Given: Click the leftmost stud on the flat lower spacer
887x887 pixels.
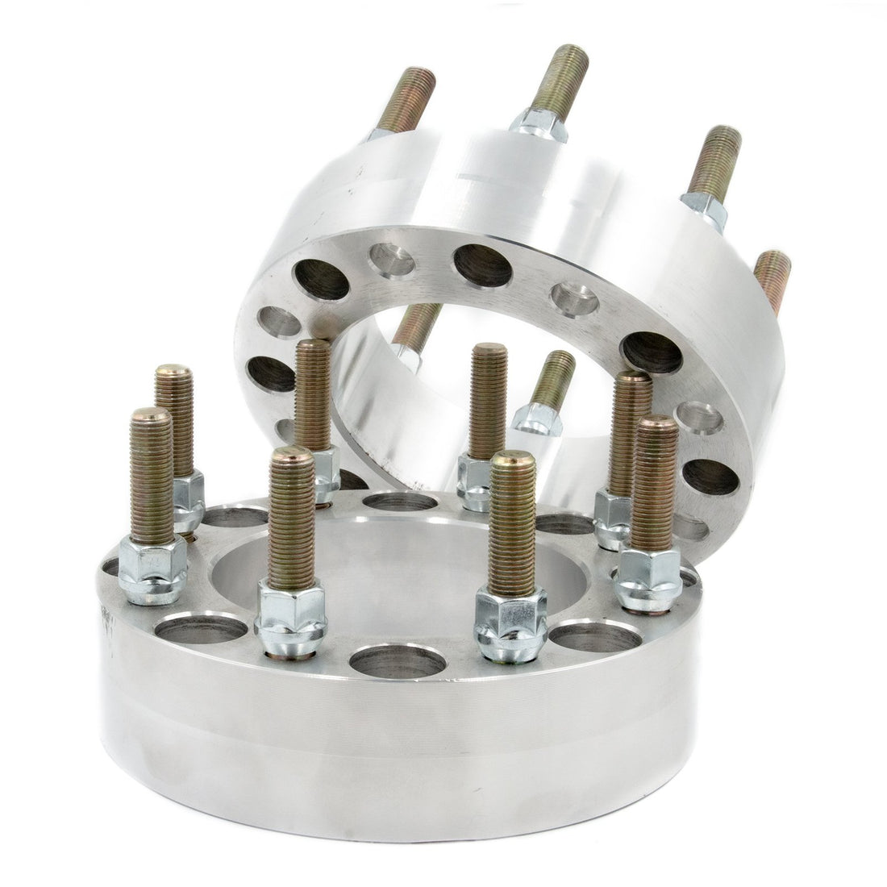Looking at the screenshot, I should tap(152, 476).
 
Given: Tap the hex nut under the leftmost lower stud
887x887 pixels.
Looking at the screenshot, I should tap(152, 570).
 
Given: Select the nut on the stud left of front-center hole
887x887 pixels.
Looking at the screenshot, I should tap(290, 617).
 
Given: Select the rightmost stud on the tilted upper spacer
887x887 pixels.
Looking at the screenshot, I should tap(774, 278).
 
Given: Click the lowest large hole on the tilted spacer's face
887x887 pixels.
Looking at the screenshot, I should tap(710, 477).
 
